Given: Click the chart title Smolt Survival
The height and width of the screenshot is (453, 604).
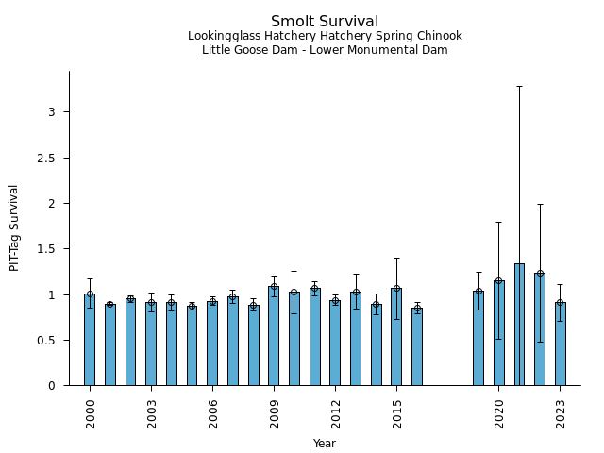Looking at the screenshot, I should pos(325,22).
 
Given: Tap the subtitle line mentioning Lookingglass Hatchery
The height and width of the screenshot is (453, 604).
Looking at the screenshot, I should pos(325,37).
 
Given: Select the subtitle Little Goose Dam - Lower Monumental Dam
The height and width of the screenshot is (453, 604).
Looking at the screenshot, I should pos(325,50).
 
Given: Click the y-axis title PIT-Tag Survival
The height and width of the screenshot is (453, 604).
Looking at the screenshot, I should pos(14,227).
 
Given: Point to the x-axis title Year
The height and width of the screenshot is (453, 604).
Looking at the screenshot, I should pos(325,444).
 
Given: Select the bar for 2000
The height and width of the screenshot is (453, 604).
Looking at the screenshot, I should pos(90,340).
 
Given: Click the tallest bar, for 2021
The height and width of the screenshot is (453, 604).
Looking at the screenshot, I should pos(519,325).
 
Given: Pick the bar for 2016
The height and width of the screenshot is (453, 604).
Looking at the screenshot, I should pos(417,346).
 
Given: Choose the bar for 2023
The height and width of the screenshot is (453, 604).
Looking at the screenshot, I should pos(561,344).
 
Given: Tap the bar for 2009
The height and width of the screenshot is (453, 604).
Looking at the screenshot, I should pos(274,336).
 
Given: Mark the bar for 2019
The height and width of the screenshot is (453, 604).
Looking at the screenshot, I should pos(478,338).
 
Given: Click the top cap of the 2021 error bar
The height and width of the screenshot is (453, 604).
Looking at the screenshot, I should pos(519,86).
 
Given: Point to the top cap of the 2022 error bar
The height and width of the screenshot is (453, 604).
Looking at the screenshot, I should pos(540,204).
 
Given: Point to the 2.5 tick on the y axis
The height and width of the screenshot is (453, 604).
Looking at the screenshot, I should pos(52,158).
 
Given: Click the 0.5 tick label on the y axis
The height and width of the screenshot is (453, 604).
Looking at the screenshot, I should pos(52,341).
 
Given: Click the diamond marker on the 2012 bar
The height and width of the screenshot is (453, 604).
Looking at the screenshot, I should pos(335,300).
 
